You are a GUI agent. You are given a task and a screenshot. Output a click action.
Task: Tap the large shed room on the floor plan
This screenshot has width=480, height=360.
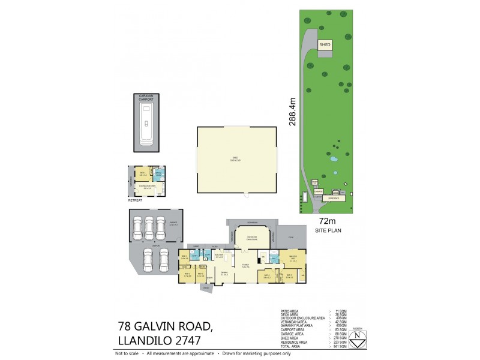(x=237, y=160)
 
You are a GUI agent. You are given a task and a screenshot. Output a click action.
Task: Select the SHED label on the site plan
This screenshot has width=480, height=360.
(x=325, y=44)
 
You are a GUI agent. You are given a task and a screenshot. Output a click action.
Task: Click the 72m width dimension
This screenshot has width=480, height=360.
(x=326, y=221)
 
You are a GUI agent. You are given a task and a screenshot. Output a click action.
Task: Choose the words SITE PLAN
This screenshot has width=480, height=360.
(x=326, y=230)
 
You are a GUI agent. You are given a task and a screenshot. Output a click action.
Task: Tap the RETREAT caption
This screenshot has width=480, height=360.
(x=135, y=200)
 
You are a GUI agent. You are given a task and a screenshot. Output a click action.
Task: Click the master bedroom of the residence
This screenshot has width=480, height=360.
(x=293, y=260)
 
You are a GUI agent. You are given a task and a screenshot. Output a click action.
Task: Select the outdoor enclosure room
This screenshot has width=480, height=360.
(x=249, y=238)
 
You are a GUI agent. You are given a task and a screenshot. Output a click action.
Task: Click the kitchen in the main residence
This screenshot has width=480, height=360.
(x=220, y=256)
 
